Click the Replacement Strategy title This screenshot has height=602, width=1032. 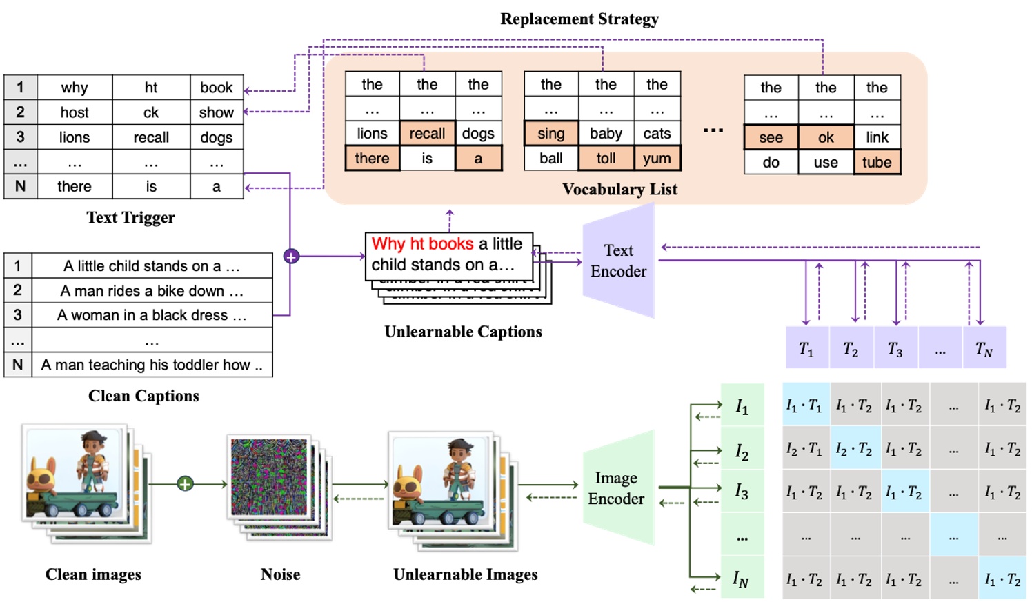579,19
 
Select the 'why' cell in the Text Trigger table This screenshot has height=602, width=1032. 75,88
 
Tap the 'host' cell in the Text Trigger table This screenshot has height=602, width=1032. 75,112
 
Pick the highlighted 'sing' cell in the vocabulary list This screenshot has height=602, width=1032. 550,133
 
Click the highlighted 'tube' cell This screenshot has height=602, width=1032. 876,163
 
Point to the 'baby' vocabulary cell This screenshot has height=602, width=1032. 606,133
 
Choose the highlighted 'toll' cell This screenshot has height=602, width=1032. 606,159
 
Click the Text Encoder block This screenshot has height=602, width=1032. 618,261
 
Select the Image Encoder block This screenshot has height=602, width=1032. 617,488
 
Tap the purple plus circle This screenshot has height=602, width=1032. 291,257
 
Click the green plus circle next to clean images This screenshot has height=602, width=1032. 185,484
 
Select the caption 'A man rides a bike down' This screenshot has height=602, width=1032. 152,291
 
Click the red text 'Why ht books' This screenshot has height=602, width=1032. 422,243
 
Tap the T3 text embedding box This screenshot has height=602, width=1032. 895,350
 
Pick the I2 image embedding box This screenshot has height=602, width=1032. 742,452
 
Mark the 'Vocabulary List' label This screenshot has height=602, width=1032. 619,190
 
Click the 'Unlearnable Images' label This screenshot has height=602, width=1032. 465,574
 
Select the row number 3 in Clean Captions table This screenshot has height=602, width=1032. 18,315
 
